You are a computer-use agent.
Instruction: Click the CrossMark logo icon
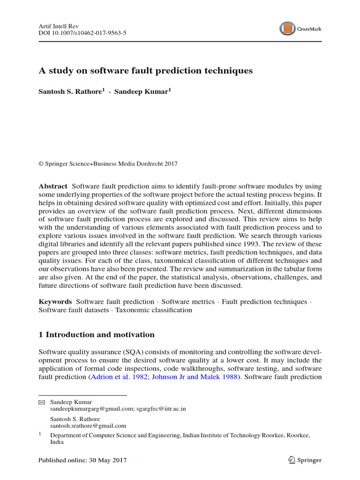point(287,29)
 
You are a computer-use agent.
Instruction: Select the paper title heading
point(145,71)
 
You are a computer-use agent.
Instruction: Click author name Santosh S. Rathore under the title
point(71,92)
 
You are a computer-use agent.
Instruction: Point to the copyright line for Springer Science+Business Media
point(108,164)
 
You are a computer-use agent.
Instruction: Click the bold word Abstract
point(52,186)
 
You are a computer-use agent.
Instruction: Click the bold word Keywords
point(55,302)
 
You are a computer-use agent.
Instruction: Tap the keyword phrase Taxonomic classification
point(154,310)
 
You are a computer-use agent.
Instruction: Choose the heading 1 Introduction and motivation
point(96,335)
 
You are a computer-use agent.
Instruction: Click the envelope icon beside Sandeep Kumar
point(42,402)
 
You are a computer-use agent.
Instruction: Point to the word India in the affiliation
point(57,442)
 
